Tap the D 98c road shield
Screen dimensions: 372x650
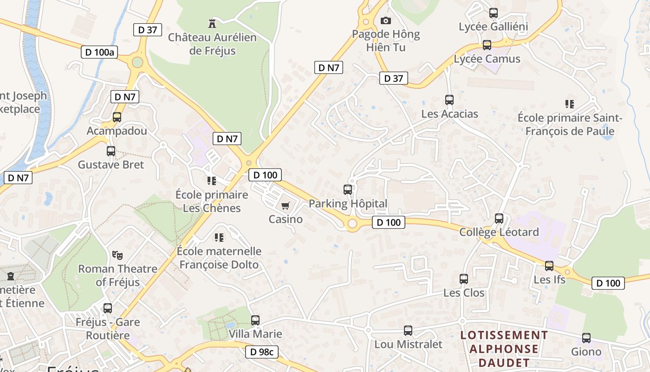click(x=262, y=352)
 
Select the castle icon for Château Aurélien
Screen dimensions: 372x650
click(x=212, y=23)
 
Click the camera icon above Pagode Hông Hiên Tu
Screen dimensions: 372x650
click(x=385, y=20)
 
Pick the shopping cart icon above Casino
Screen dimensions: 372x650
click(x=286, y=206)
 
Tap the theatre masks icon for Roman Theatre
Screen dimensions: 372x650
click(x=117, y=255)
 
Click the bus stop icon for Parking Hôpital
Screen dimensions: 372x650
click(x=348, y=190)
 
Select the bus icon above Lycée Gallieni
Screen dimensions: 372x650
click(x=494, y=13)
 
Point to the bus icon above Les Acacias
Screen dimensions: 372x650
click(x=449, y=100)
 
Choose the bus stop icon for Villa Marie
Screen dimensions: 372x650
click(x=255, y=320)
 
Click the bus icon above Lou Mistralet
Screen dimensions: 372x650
click(x=408, y=331)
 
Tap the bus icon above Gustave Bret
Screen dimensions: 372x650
click(x=110, y=151)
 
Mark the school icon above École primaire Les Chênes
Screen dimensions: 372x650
click(x=212, y=180)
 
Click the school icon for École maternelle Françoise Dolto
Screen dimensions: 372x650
click(x=219, y=238)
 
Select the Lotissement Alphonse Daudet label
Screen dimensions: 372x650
click(x=504, y=349)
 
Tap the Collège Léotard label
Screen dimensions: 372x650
click(x=499, y=232)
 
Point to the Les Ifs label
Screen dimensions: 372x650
click(x=549, y=279)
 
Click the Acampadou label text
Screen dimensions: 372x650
click(x=117, y=131)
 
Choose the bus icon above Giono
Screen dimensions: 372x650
click(x=586, y=338)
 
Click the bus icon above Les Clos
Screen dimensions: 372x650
click(x=464, y=279)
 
